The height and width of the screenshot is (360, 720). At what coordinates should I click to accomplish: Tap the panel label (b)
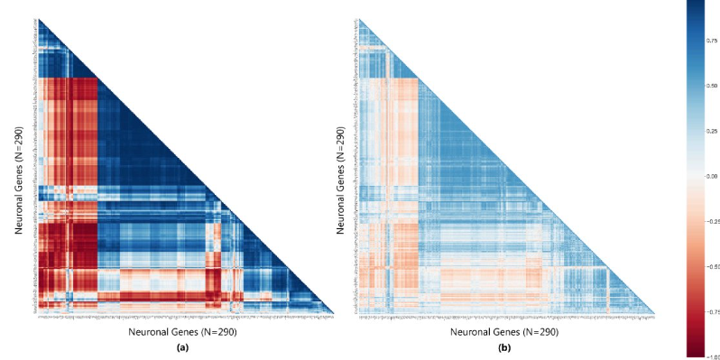click(505, 346)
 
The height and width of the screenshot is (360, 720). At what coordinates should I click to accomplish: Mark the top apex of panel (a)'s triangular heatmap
click(39, 19)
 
